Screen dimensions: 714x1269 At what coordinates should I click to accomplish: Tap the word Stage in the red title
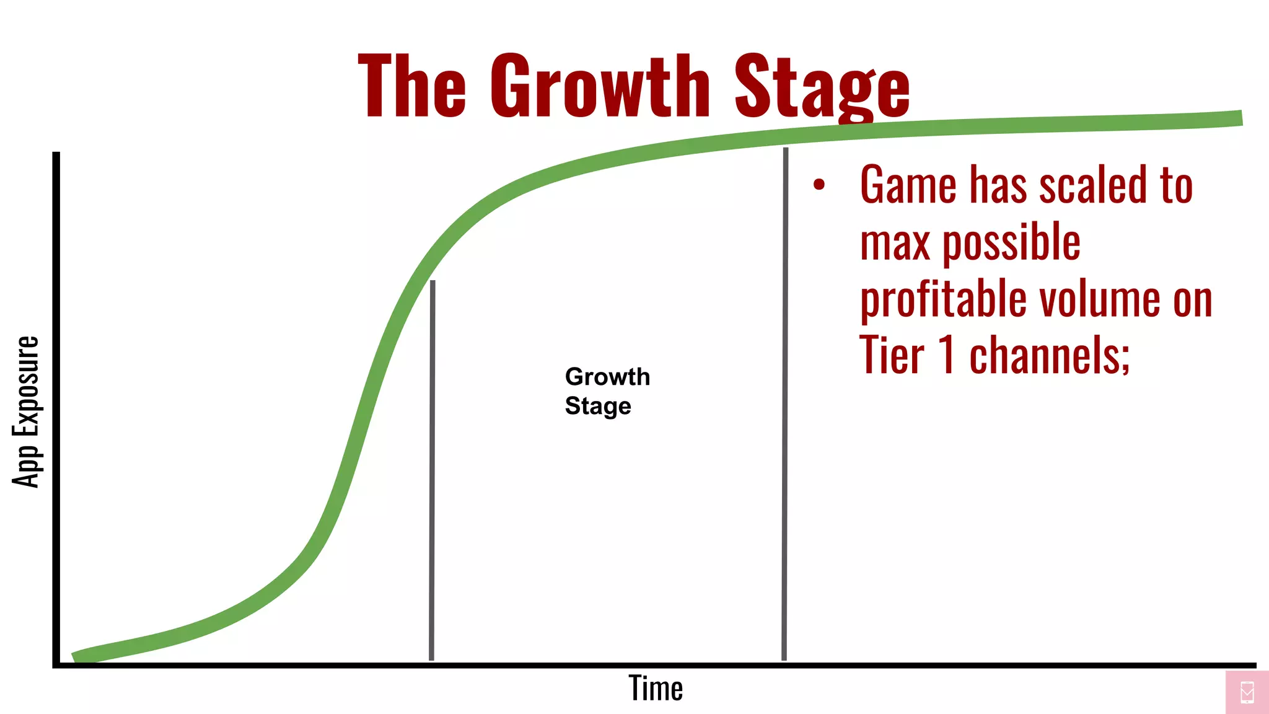click(822, 87)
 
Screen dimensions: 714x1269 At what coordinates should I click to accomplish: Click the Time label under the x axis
click(656, 688)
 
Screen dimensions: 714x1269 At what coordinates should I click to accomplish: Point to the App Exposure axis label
click(26, 412)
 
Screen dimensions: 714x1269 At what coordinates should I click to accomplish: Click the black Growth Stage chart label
click(607, 391)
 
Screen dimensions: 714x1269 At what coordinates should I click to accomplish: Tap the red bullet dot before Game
click(819, 184)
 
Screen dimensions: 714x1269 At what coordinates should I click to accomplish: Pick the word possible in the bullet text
click(1011, 243)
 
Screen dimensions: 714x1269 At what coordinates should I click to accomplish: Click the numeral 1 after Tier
click(946, 355)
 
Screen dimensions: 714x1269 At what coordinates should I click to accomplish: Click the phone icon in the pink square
click(1247, 692)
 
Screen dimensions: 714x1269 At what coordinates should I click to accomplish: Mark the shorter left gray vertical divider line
click(432, 471)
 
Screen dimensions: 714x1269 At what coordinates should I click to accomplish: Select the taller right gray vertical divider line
click(785, 403)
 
